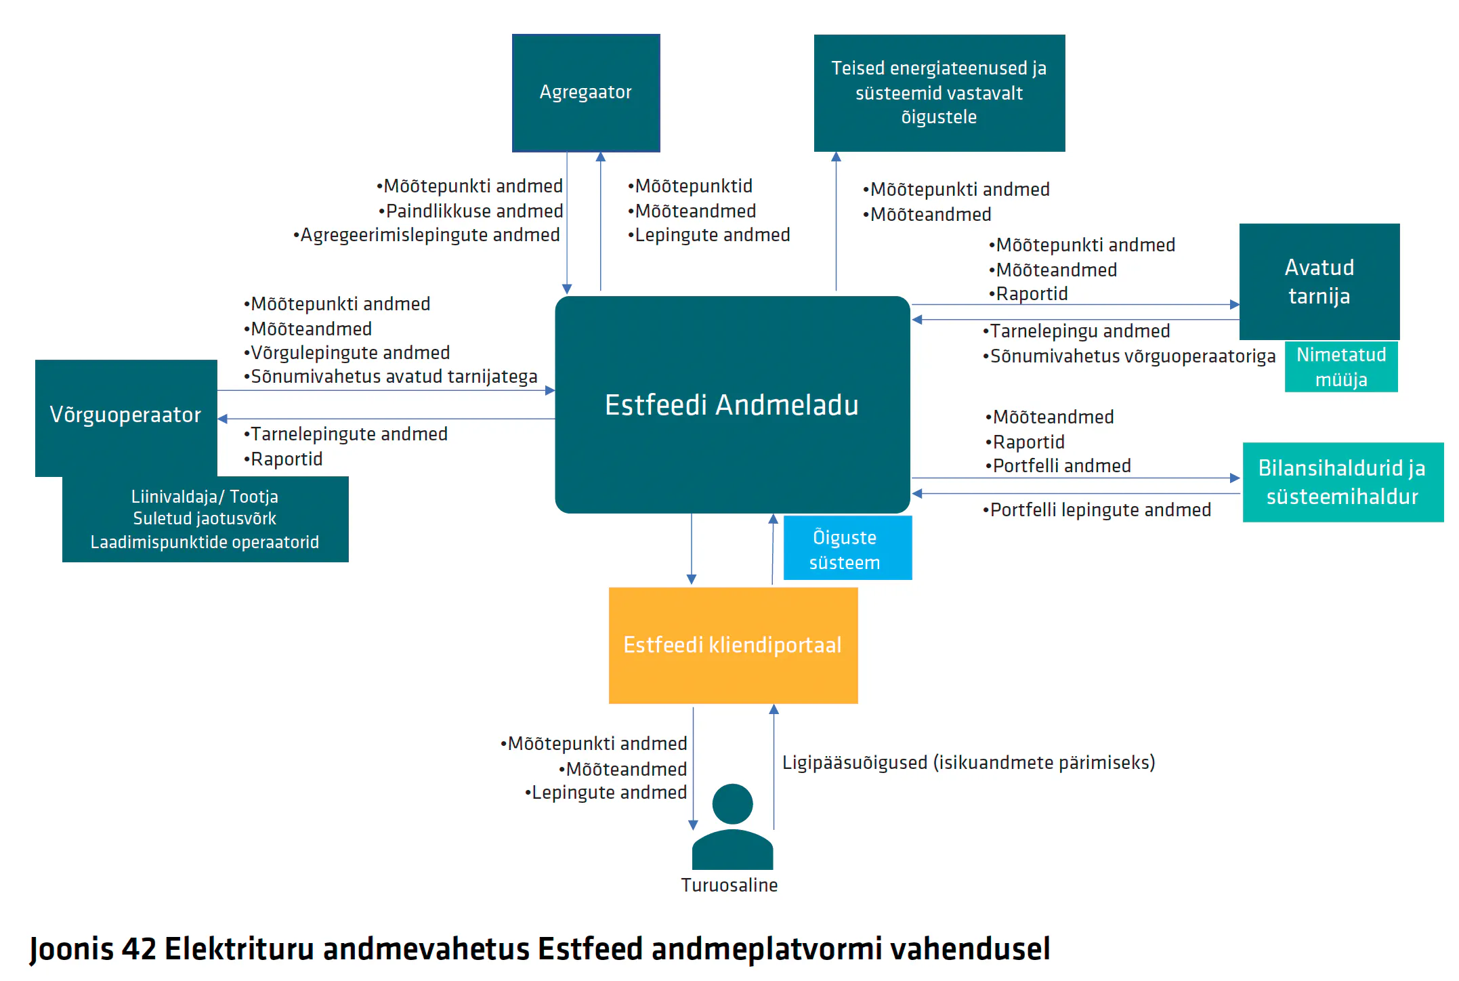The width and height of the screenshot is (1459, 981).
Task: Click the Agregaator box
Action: click(586, 93)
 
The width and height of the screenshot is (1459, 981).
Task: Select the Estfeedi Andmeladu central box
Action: click(732, 404)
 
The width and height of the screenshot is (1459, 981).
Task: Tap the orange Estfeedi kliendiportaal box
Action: click(733, 645)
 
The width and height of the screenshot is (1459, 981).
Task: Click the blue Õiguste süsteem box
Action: click(847, 548)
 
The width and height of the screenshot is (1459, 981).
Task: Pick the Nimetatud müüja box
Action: click(1341, 367)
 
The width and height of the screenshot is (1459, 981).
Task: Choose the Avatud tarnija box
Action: click(1319, 282)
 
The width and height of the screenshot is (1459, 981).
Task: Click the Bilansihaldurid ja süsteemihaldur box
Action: click(1343, 482)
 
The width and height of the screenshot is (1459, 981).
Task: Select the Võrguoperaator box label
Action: click(125, 415)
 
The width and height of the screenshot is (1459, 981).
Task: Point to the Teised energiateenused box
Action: click(939, 93)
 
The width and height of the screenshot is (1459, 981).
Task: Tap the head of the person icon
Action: click(732, 804)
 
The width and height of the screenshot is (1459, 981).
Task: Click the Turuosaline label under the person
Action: click(729, 885)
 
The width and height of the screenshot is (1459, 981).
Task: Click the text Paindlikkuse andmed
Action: click(475, 211)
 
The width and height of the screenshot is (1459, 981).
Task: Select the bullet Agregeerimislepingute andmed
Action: click(427, 235)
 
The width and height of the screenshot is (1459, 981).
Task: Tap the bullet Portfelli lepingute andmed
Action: click(1097, 509)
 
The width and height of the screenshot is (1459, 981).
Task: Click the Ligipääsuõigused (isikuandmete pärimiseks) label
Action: click(969, 763)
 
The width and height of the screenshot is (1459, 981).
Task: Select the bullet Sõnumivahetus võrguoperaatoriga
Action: click(1129, 356)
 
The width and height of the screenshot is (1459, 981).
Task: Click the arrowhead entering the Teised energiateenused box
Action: click(837, 156)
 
